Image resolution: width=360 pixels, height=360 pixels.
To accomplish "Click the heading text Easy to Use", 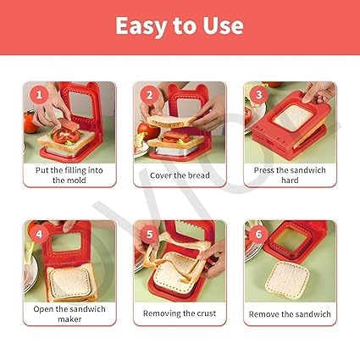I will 180,25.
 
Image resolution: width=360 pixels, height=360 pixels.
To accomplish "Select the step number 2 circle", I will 147,94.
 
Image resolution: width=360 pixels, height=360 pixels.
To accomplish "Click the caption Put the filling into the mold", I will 69,174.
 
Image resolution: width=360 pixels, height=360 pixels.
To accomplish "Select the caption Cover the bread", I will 180,175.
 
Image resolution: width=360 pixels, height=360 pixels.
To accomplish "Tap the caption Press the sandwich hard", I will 290,174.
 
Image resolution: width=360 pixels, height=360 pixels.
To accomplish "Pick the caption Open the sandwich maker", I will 69,314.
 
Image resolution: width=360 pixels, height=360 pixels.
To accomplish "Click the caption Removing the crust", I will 180,314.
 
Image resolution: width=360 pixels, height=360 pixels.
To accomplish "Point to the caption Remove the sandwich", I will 290,314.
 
